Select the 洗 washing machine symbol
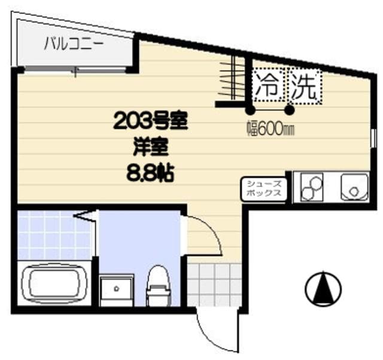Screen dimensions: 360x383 pos(304,87)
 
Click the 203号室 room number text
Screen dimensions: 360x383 pos(151,122)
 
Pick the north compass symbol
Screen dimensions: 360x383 pos(323,289)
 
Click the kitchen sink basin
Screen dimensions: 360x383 pos(355,187)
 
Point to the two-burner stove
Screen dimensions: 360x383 pos(311,187)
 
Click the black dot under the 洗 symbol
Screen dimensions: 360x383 pos(290,110)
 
